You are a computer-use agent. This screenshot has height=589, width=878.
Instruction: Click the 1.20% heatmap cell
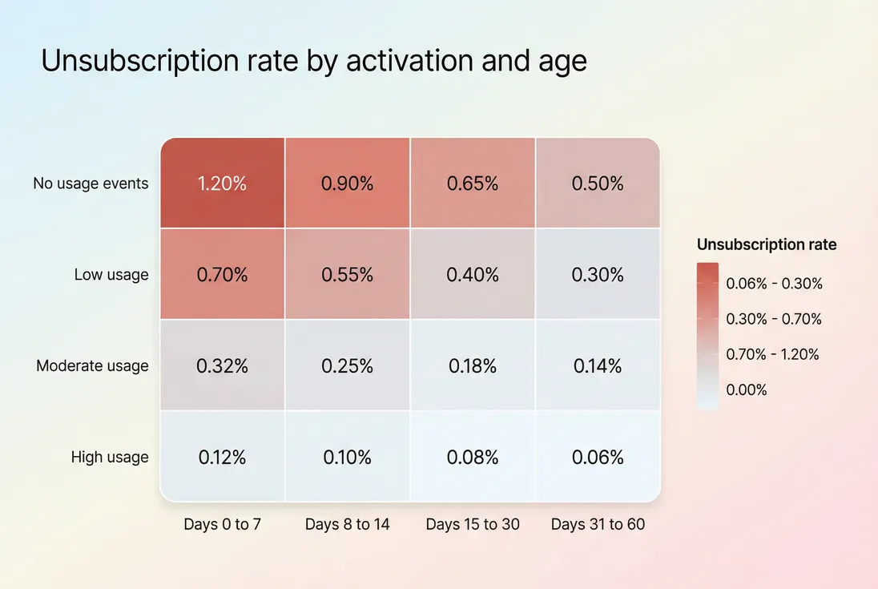(x=222, y=184)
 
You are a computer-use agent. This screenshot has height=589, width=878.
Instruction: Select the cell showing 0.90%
(x=347, y=184)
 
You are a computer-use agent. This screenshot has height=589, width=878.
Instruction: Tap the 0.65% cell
(x=472, y=184)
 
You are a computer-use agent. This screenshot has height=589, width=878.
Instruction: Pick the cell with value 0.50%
(x=598, y=184)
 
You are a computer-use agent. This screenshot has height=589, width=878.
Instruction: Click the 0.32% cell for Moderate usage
(x=222, y=366)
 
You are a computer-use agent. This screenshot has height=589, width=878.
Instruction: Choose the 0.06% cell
(x=598, y=458)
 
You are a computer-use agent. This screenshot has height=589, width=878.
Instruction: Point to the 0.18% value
(x=472, y=366)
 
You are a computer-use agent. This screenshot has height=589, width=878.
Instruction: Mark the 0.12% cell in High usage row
(x=222, y=458)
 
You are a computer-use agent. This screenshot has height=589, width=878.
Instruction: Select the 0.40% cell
(x=472, y=275)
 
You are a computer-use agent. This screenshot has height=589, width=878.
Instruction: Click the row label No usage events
(x=91, y=184)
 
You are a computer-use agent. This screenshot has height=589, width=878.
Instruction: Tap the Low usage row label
(x=111, y=275)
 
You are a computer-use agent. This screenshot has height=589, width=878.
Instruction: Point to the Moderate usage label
(x=92, y=366)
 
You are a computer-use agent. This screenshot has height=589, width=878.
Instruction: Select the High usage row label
(x=110, y=458)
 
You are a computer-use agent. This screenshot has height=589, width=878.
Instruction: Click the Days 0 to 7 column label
(x=222, y=525)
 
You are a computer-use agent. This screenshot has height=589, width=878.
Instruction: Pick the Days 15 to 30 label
(x=473, y=525)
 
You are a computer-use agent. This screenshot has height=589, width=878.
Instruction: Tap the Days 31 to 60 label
(x=598, y=525)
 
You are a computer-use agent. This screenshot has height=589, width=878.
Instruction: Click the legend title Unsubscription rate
(x=766, y=245)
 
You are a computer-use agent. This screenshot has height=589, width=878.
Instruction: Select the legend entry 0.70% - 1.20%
(x=772, y=354)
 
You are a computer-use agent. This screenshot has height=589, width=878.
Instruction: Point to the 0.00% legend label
(x=747, y=390)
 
